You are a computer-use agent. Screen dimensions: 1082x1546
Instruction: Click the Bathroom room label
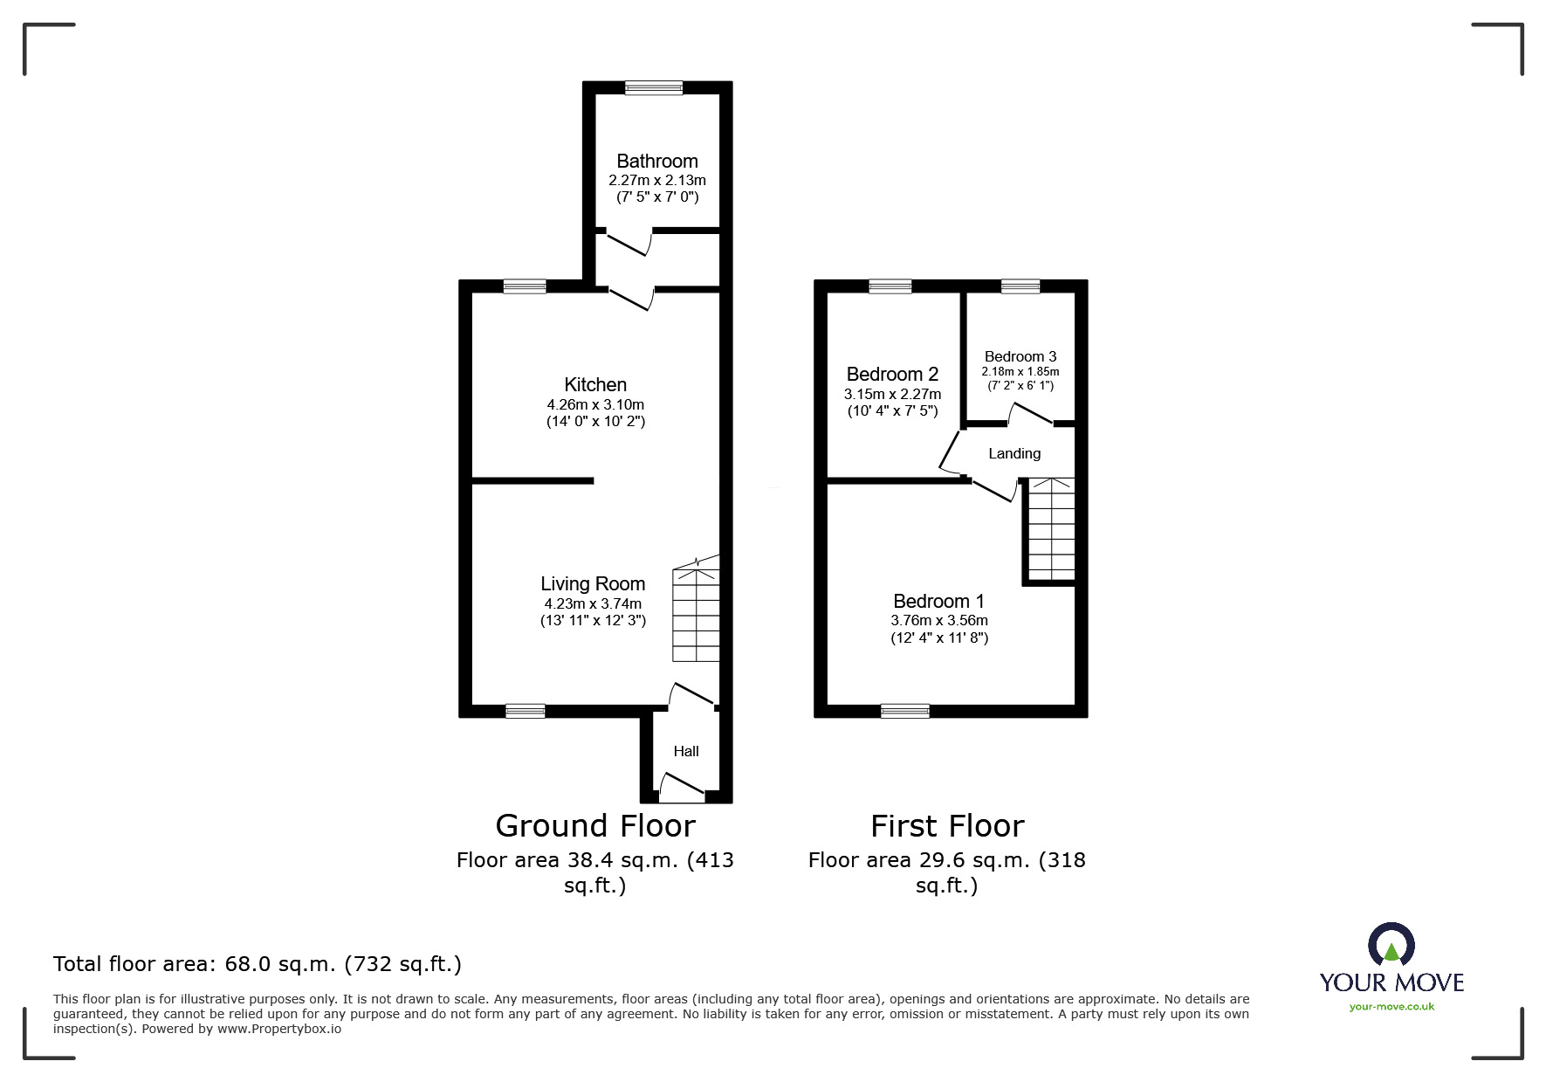coord(656,161)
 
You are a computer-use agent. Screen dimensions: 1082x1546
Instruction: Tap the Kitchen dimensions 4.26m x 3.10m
coord(595,404)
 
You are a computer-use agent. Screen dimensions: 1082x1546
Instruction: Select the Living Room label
coord(593,583)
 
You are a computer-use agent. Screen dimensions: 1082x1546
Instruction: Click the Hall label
coord(686,751)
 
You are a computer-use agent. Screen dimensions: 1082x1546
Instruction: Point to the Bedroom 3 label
coord(1020,356)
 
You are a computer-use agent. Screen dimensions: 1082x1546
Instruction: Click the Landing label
coord(1013,453)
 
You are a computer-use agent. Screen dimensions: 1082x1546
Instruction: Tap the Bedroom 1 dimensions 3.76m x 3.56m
coord(938,620)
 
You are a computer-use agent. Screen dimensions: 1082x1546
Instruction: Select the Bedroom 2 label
coord(892,374)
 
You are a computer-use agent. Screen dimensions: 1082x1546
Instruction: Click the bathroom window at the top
coord(654,87)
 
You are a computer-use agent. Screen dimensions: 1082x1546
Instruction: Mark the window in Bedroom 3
coord(1020,286)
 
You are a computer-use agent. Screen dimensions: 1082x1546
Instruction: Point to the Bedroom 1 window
coord(905,711)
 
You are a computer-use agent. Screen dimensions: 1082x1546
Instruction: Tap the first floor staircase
coord(1051,528)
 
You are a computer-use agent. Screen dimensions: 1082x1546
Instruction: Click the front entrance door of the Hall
coord(682,789)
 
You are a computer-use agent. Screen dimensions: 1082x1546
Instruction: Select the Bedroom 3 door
coord(1031,414)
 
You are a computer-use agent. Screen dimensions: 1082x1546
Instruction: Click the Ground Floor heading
coord(594,825)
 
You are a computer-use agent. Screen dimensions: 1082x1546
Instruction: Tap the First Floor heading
coord(946,825)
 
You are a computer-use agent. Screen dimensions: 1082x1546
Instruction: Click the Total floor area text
coord(258,964)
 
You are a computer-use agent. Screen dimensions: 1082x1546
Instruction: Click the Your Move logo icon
coord(1391,946)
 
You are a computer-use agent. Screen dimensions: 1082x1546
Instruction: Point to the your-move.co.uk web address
coord(1391,1007)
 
